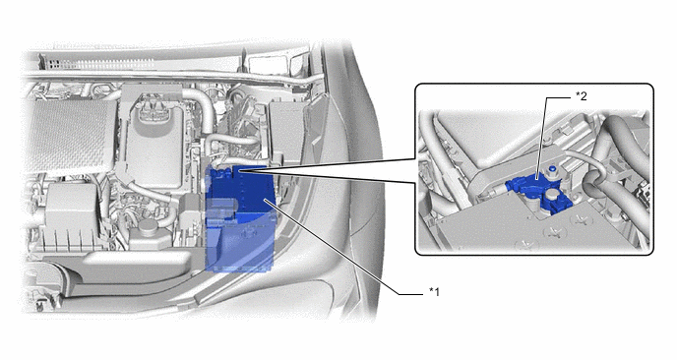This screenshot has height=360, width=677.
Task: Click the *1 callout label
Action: coord(434,292)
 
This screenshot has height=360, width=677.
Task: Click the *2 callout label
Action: coord(582,96)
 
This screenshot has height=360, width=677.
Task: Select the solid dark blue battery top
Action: coord(240,190)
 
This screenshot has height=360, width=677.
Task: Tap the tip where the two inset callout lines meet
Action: coord(238,171)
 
